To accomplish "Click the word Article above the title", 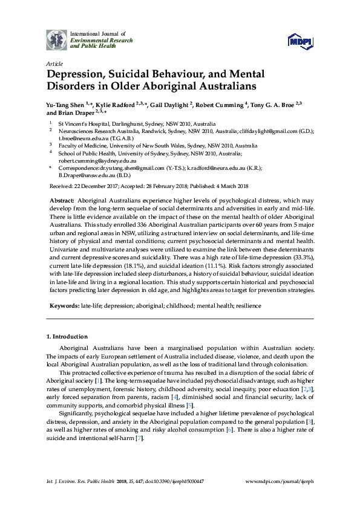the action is (x=53, y=63).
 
